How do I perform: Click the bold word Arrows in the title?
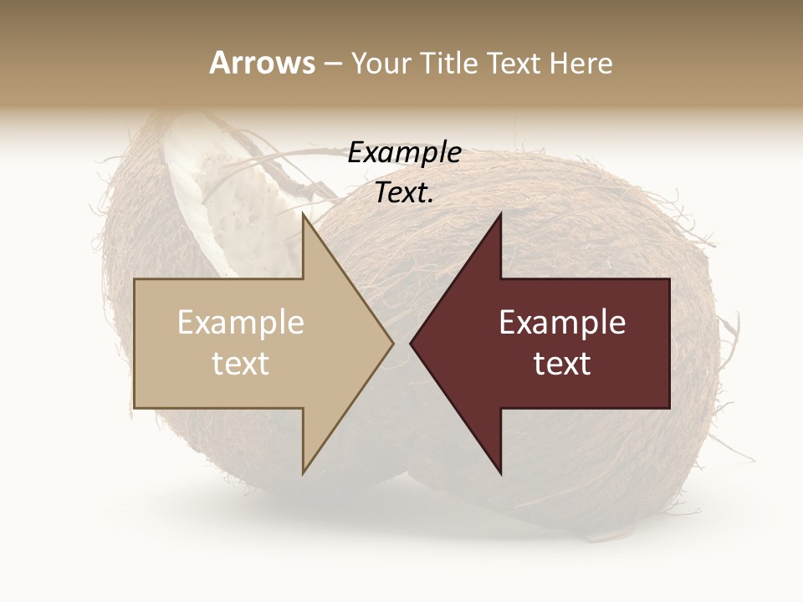pyautogui.click(x=263, y=63)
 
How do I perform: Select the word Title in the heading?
pyautogui.click(x=448, y=63)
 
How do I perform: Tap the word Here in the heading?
pyautogui.click(x=581, y=63)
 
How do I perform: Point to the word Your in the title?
pyautogui.click(x=380, y=63)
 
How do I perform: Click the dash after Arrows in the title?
pyautogui.click(x=332, y=64)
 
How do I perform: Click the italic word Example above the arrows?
pyautogui.click(x=404, y=153)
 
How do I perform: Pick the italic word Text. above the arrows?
pyautogui.click(x=404, y=193)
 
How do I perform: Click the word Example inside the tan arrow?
pyautogui.click(x=241, y=323)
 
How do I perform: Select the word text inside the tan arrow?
pyautogui.click(x=241, y=364)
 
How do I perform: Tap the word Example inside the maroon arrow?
pyautogui.click(x=562, y=323)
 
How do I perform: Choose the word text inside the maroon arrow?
pyautogui.click(x=562, y=364)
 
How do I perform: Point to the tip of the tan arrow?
pyautogui.click(x=391, y=343)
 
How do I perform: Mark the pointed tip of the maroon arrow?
pyautogui.click(x=412, y=343)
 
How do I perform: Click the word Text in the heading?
pyautogui.click(x=514, y=63)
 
